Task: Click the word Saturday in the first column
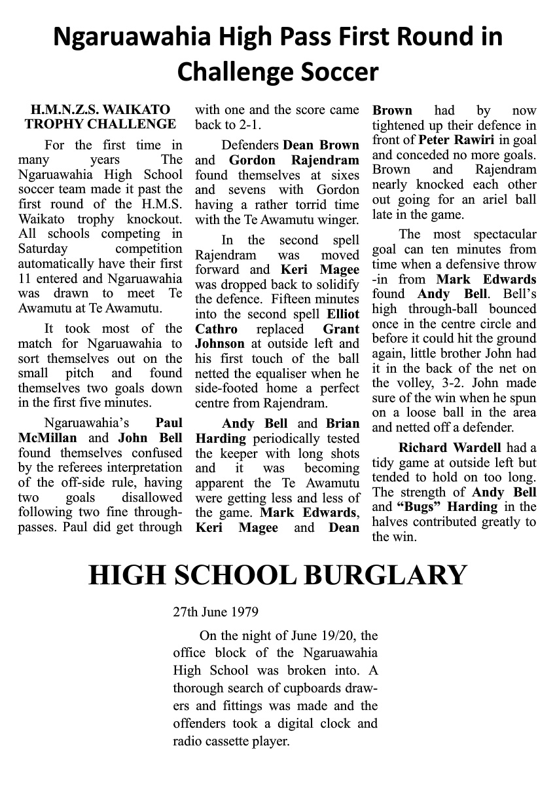point(43,249)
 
